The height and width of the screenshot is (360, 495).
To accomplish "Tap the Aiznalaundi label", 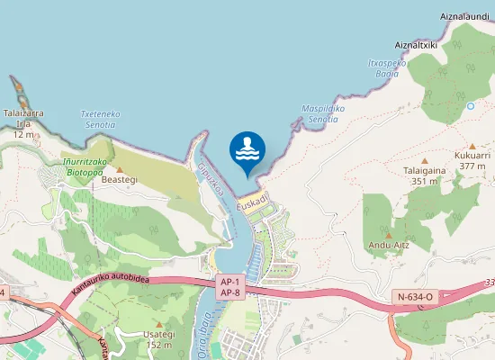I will click(x=464, y=17).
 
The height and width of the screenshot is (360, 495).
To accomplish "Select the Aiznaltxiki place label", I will click(x=416, y=43).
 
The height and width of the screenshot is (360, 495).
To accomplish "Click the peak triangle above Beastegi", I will click(x=119, y=169).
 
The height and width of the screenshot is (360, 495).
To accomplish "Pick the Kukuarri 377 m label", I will click(x=472, y=160).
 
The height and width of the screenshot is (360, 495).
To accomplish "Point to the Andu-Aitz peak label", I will click(x=389, y=244).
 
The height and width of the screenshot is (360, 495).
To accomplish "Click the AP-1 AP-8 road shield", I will click(x=229, y=286).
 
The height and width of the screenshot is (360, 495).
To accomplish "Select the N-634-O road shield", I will click(x=414, y=296).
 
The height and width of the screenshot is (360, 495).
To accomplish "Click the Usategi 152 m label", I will click(x=158, y=338).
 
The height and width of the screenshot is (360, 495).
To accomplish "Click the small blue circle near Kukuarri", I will click(x=470, y=106).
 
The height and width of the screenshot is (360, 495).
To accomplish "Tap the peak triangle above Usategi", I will click(x=158, y=323).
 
